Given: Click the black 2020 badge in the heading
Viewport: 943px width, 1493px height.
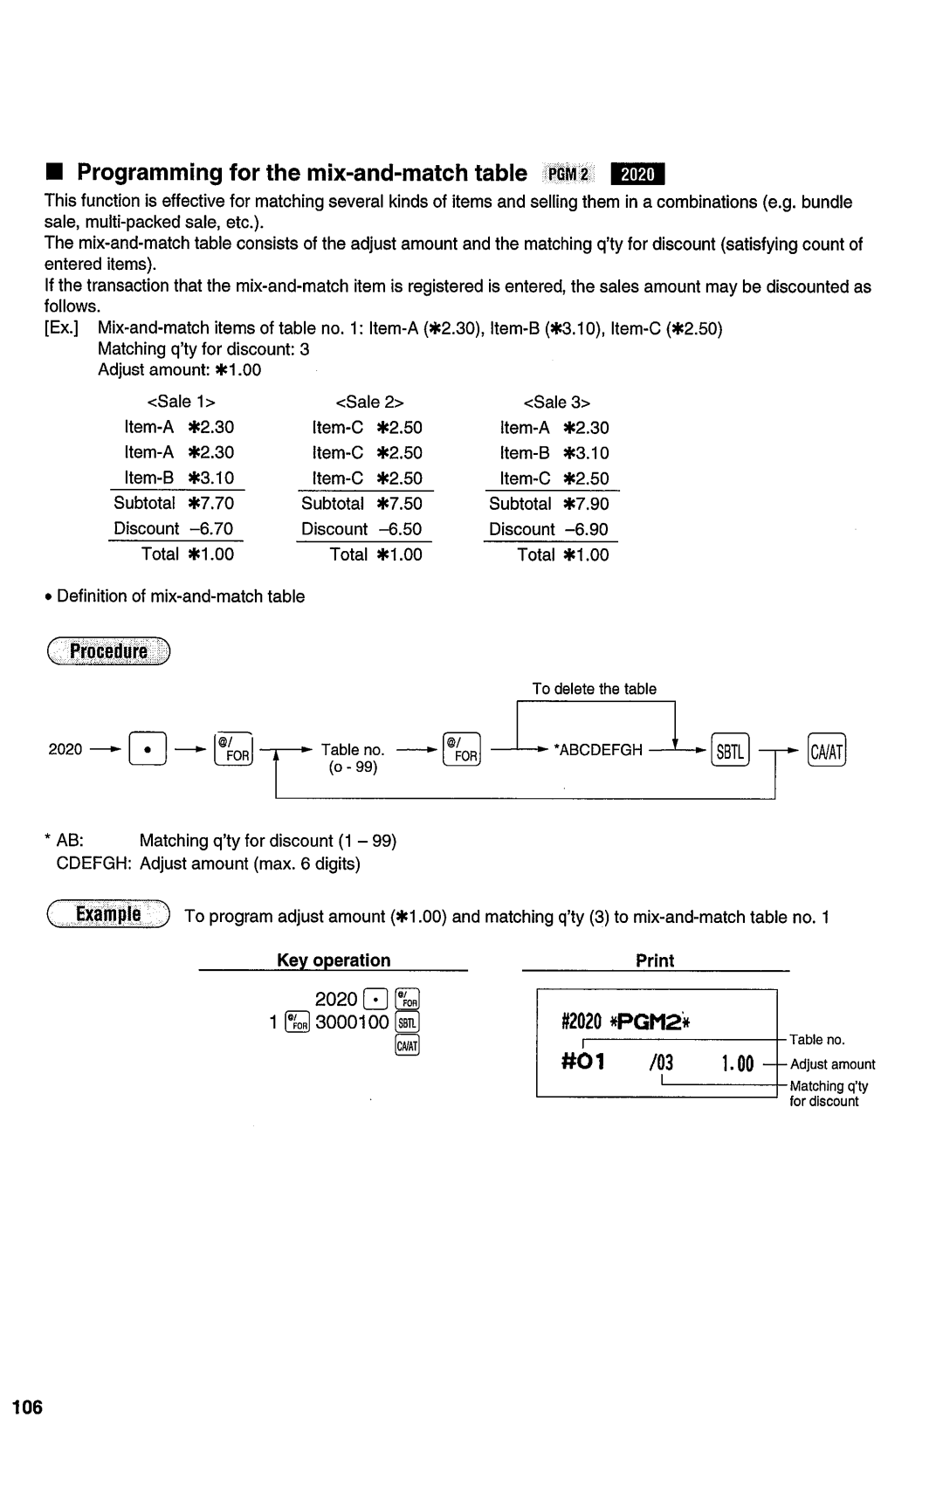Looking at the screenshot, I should pyautogui.click(x=637, y=174).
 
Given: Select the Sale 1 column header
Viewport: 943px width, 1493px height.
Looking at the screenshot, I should pyautogui.click(x=181, y=402).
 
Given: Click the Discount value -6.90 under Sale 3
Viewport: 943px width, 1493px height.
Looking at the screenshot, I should pyautogui.click(x=586, y=529).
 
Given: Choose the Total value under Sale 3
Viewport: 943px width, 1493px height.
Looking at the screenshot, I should pyautogui.click(x=586, y=554).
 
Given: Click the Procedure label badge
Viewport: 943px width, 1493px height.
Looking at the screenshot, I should pyautogui.click(x=108, y=651).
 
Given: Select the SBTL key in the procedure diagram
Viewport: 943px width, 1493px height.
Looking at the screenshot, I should pyautogui.click(x=730, y=750).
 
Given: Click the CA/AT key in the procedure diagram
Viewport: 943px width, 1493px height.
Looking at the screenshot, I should pyautogui.click(x=827, y=750).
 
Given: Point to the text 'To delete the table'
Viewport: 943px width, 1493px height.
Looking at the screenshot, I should pyautogui.click(x=595, y=689).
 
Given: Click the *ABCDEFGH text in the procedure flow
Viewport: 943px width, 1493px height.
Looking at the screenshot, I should pyautogui.click(x=599, y=750).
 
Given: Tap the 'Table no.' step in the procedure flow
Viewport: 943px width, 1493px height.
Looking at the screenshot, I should pyautogui.click(x=353, y=750).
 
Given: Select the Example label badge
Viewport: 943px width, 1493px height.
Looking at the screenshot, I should pyautogui.click(x=108, y=914).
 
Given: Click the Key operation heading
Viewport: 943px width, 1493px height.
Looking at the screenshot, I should pyautogui.click(x=334, y=960).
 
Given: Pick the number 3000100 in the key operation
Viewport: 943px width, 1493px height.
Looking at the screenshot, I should pyautogui.click(x=352, y=1022).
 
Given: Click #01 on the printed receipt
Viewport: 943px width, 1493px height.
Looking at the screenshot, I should pyautogui.click(x=583, y=1063).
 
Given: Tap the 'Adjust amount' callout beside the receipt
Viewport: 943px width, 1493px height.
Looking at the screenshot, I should pyautogui.click(x=832, y=1064).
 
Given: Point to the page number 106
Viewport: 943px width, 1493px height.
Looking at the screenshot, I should pyautogui.click(x=27, y=1407).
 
